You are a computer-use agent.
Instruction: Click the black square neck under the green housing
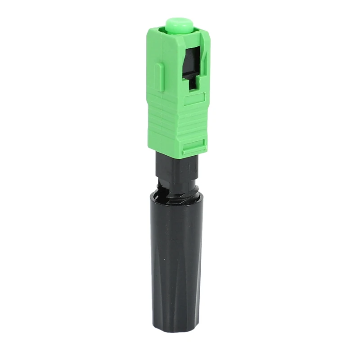[175, 166]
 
